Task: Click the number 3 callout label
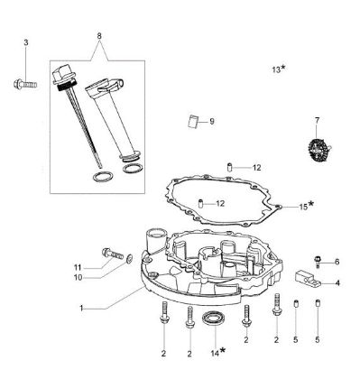[26, 42]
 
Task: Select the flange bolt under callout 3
[23, 85]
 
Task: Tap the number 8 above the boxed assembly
[98, 37]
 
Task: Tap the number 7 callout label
[317, 120]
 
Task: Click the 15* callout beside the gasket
[305, 206]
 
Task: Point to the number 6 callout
[337, 262]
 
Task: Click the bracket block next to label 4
[309, 279]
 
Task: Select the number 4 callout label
[337, 282]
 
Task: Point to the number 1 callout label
[80, 309]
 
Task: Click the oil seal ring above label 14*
[215, 319]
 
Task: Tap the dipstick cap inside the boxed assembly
[65, 78]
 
